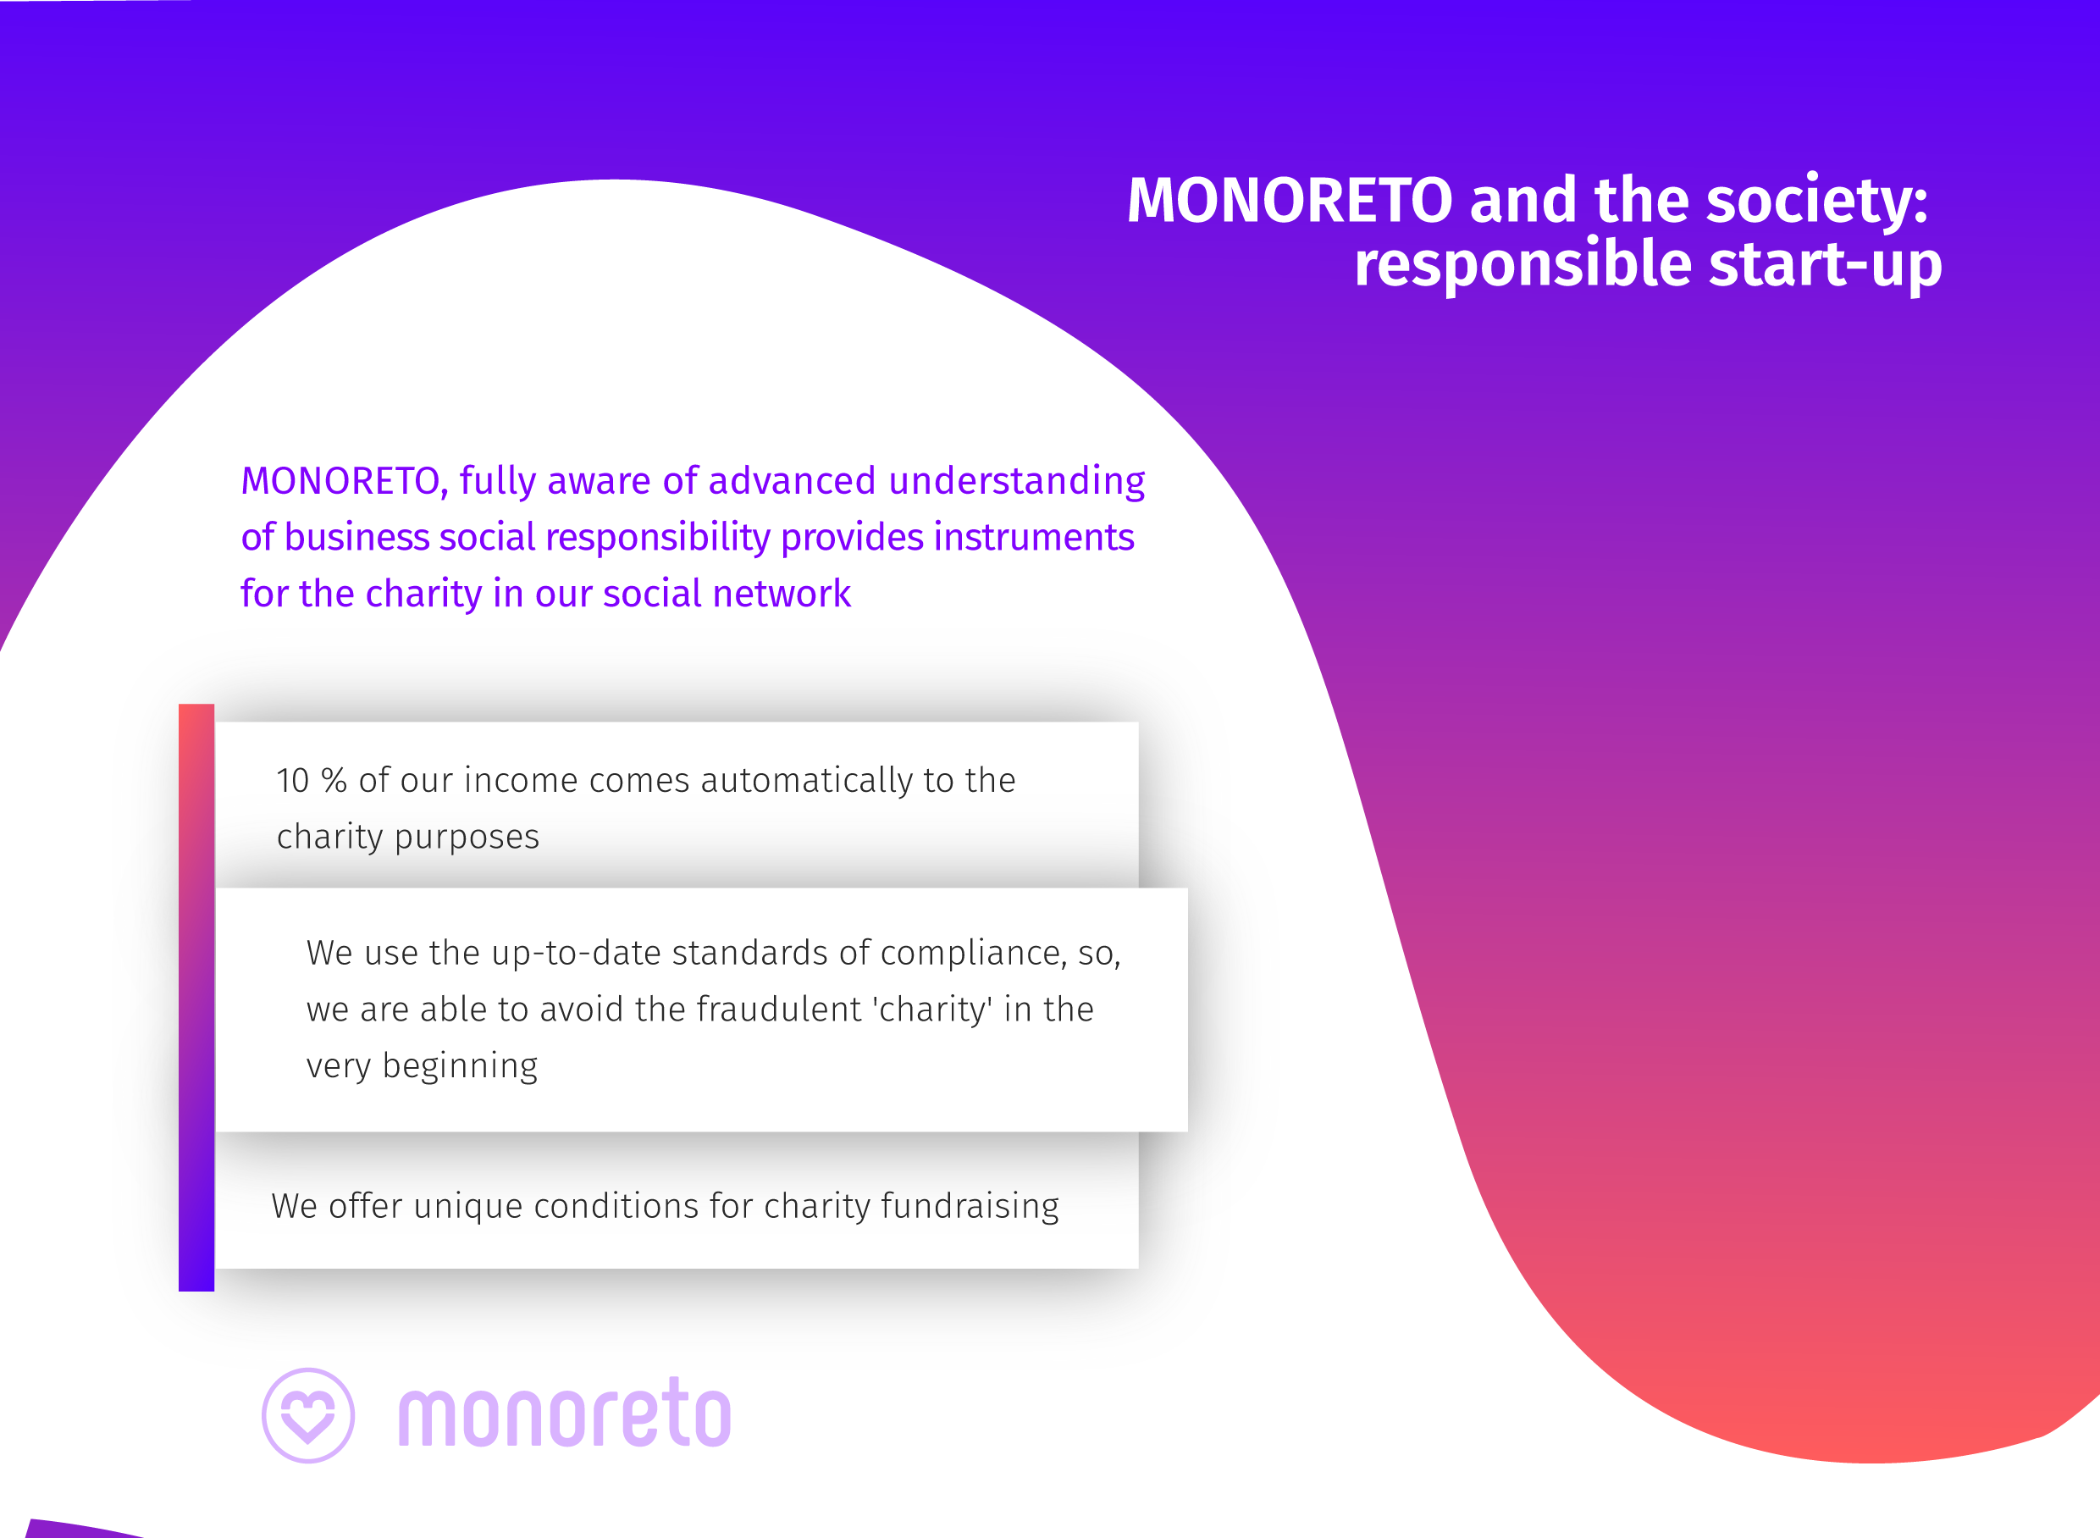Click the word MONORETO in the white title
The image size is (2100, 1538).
(1290, 200)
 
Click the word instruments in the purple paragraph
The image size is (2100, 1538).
(1034, 538)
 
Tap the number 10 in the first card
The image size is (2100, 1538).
(292, 781)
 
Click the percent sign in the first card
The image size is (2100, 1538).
(334, 781)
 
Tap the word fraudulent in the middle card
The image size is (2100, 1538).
(779, 1010)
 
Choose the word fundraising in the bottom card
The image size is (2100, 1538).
(970, 1207)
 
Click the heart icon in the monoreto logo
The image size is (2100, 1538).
(308, 1415)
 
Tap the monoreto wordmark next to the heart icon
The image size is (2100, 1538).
(565, 1414)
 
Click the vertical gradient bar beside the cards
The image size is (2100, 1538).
(196, 997)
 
